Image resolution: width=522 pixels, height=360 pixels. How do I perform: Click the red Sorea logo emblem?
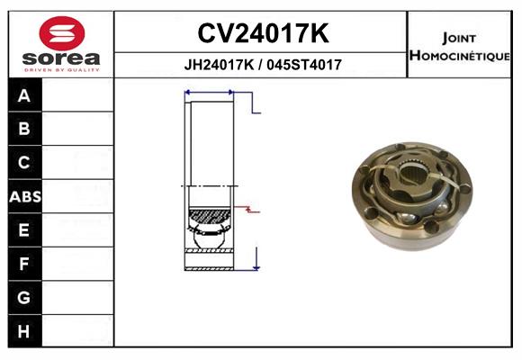pyautogui.click(x=62, y=33)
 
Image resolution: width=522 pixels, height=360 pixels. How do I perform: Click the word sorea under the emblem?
pyautogui.click(x=61, y=58)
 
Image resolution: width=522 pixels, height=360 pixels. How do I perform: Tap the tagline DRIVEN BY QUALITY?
pyautogui.click(x=62, y=70)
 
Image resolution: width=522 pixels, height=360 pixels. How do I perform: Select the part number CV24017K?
pyautogui.click(x=263, y=33)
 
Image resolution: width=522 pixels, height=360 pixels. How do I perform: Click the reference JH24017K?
pyautogui.click(x=219, y=65)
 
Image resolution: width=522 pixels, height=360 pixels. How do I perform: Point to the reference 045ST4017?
pyautogui.click(x=304, y=65)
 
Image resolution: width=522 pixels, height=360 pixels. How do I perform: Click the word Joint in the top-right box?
pyautogui.click(x=459, y=39)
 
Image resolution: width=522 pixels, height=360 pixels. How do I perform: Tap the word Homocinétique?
pyautogui.click(x=460, y=56)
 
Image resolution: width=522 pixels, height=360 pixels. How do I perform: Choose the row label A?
pyautogui.click(x=24, y=96)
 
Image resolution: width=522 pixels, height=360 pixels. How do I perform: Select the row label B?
pyautogui.click(x=24, y=129)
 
